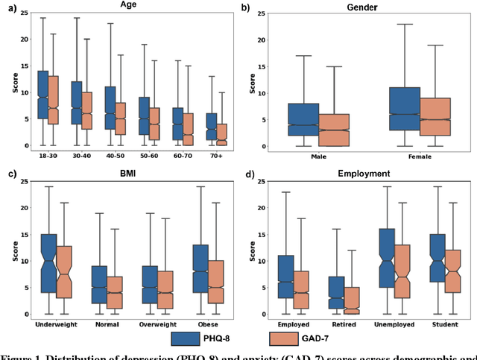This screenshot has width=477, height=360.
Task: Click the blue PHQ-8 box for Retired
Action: (x=336, y=292)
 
